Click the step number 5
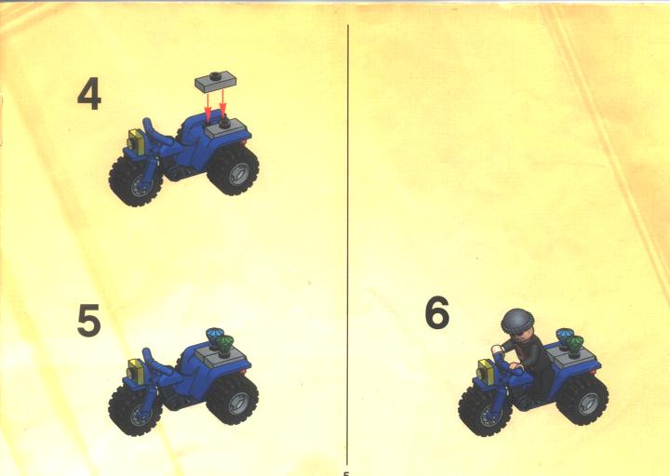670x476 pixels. coord(89,320)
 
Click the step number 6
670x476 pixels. coord(437,312)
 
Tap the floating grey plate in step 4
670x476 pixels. coord(216,82)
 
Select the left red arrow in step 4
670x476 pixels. coord(208,106)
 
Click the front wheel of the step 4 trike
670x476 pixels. coord(136,181)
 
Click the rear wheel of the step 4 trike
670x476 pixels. coord(234,169)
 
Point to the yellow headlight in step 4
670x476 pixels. coord(137,141)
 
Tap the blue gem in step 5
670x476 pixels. coord(213,335)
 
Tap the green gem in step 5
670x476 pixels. coord(225,342)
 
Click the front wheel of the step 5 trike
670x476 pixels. coord(136,410)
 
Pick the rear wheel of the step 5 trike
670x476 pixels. coord(233,399)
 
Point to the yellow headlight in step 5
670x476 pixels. coord(137,371)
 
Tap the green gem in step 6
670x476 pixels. coord(576,342)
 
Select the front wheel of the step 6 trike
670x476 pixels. coord(486,410)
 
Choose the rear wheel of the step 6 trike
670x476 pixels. coord(583,400)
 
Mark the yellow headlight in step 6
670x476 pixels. coord(487,371)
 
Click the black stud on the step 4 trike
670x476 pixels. coord(224,124)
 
